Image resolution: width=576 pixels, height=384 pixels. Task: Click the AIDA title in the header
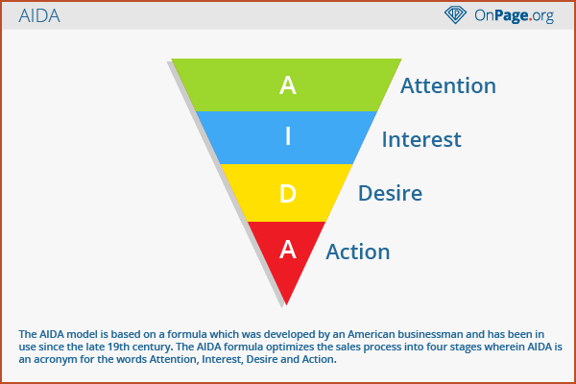click(39, 15)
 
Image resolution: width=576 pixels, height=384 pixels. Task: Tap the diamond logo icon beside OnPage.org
click(455, 14)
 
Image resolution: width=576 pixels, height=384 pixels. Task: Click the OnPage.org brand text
click(514, 15)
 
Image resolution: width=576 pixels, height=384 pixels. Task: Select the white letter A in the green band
click(288, 85)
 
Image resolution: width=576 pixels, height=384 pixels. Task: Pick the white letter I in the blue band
click(288, 136)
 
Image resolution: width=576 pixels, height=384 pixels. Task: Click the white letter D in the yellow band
click(288, 194)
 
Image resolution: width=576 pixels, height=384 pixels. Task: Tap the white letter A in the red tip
click(288, 250)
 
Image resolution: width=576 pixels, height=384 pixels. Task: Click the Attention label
click(448, 85)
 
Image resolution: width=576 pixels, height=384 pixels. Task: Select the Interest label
click(421, 139)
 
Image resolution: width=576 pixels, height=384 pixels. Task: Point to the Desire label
click(390, 193)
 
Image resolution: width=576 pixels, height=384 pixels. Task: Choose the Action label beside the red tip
click(358, 252)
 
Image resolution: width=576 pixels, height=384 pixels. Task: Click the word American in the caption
click(372, 334)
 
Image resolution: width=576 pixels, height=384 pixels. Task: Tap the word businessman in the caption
click(430, 334)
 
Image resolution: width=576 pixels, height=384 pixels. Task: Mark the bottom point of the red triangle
click(286, 304)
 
